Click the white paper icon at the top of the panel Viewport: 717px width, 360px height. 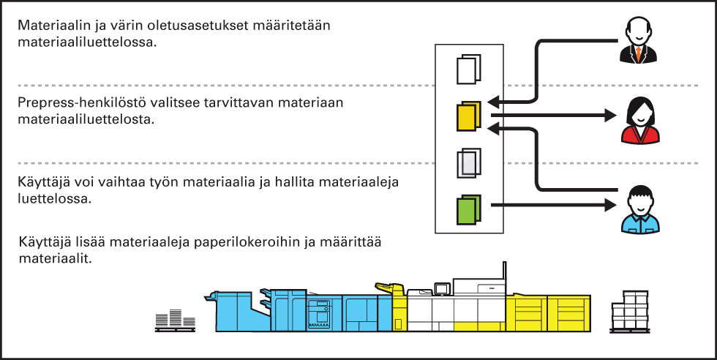468,70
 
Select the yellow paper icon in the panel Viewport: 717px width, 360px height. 468,116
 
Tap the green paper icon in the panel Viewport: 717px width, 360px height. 468,209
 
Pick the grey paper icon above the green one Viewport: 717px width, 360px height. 468,162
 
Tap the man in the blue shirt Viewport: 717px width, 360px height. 640,209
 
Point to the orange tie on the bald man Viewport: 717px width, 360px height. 640,53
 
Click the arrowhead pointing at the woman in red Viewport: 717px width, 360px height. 612,115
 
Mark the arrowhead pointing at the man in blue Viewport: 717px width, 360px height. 612,206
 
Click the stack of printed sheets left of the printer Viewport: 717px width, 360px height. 174,317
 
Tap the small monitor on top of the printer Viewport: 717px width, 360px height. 441,289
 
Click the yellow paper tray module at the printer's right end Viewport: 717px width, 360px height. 552,311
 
